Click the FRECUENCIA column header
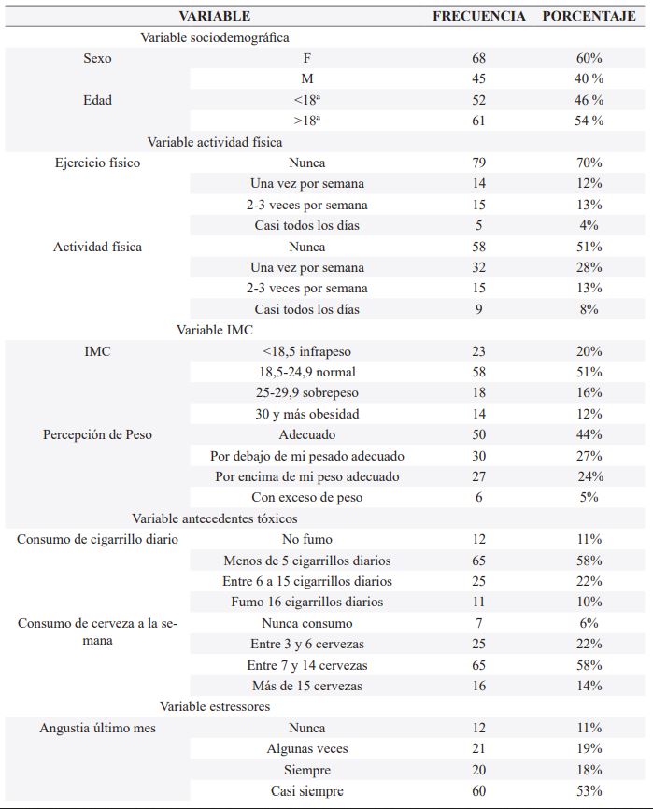coord(478,16)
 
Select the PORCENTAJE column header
coord(589,16)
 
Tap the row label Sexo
coord(97,58)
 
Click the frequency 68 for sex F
coord(478,58)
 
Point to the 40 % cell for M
coord(589,78)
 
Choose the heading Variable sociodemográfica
coord(215,37)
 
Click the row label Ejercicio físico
coord(97,163)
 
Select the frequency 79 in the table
coord(478,163)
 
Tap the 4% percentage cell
coord(589,225)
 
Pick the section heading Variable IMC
coord(215,330)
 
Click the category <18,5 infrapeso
coord(307,351)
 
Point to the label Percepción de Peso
coord(97,434)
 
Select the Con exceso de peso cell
coord(307,497)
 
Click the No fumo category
coord(307,539)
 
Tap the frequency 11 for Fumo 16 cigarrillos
coord(478,602)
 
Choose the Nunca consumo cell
coord(307,623)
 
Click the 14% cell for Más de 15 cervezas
coord(589,686)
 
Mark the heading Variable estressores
coord(215,706)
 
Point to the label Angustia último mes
coord(97,728)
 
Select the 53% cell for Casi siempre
coord(589,790)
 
